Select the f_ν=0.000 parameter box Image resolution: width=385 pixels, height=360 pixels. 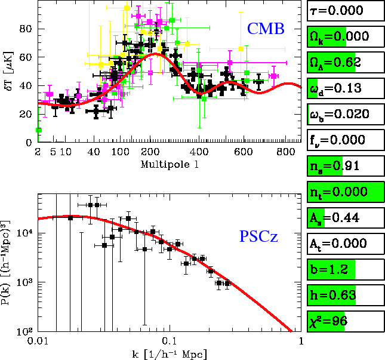tap(345, 139)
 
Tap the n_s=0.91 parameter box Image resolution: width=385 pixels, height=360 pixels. tap(345, 165)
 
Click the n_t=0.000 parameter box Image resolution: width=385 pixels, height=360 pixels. tap(345, 191)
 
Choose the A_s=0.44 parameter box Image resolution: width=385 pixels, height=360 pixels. tap(345, 217)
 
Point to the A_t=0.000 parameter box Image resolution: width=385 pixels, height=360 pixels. tap(345, 242)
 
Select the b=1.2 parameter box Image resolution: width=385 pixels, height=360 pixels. tap(345, 268)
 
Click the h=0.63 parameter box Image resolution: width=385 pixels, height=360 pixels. tap(345, 294)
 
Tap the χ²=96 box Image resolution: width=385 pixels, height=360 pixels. tap(345, 319)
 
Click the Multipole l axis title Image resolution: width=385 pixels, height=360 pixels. tap(167, 163)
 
